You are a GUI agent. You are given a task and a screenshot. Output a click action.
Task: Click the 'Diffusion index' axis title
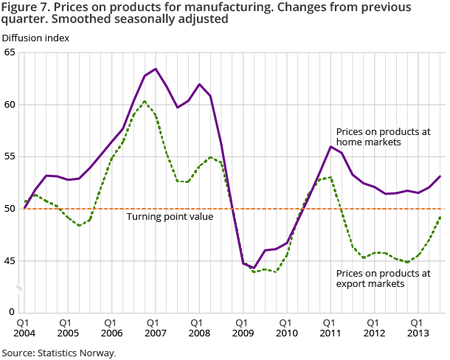tap(35, 38)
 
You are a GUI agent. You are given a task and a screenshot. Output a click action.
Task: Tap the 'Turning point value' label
tap(169, 217)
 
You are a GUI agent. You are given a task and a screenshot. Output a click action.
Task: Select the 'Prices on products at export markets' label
tap(383, 279)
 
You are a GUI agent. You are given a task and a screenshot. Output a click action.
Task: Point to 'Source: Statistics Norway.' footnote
tap(58, 353)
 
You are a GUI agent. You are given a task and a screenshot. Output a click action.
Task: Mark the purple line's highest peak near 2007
tap(155, 69)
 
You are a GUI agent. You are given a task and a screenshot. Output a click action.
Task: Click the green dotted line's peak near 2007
tap(145, 101)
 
